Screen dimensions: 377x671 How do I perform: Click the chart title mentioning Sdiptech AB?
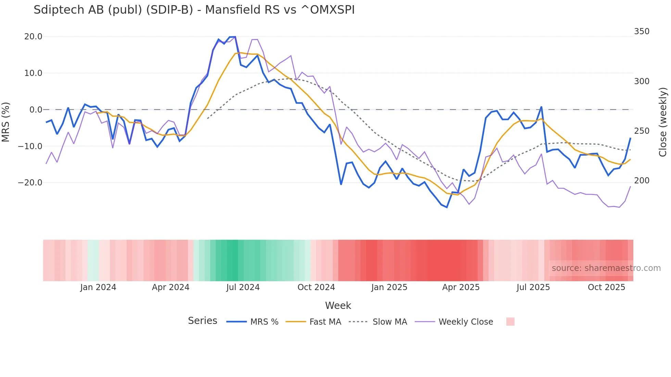click(x=194, y=10)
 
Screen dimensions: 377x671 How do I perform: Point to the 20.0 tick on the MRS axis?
click(x=33, y=37)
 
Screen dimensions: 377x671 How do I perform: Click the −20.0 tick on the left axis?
click(x=30, y=183)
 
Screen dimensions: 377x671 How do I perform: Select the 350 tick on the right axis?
click(x=642, y=31)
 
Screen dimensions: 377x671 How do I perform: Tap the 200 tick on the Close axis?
click(x=642, y=181)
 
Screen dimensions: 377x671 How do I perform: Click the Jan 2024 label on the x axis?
click(x=98, y=287)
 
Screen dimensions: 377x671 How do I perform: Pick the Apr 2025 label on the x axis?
click(x=461, y=287)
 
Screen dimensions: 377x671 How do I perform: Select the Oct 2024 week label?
click(x=316, y=287)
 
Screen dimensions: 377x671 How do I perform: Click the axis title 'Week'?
click(x=338, y=305)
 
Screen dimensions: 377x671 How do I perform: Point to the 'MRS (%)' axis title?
click(x=6, y=122)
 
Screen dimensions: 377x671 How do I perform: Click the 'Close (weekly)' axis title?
click(x=663, y=122)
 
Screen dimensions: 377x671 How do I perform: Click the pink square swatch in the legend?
click(x=510, y=322)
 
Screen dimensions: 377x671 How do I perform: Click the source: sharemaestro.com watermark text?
click(x=606, y=268)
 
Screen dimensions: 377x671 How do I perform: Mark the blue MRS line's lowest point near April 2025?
click(x=447, y=207)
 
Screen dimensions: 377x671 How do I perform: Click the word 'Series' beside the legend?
click(x=202, y=321)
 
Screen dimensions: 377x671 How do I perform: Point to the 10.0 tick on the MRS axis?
click(x=33, y=73)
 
